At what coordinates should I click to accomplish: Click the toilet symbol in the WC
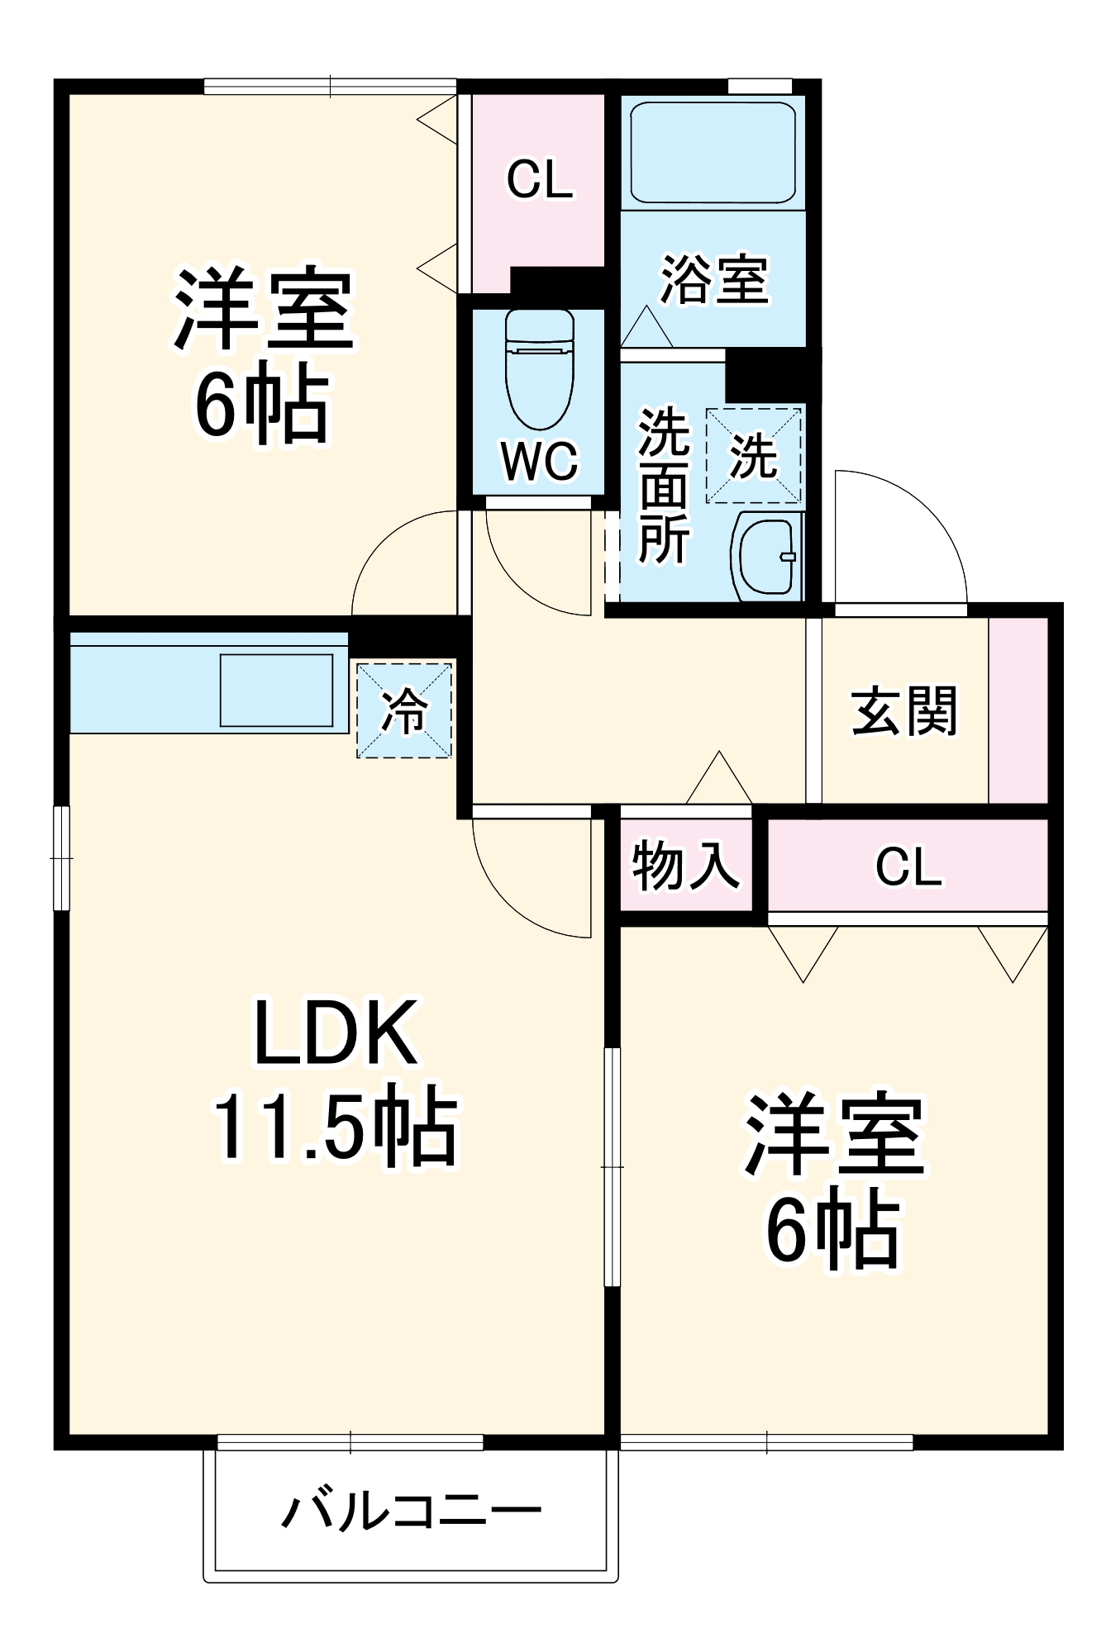tap(539, 368)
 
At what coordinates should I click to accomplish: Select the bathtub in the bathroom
tap(713, 152)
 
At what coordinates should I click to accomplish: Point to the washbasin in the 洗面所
tap(767, 555)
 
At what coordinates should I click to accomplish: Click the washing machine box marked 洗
tap(753, 455)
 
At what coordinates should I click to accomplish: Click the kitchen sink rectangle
tap(276, 690)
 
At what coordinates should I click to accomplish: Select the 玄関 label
tap(904, 710)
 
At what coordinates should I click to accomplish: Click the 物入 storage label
tap(685, 866)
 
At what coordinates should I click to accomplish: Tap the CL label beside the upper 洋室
tap(539, 179)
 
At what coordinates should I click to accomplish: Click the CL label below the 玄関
tap(908, 867)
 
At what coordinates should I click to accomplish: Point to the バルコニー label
tap(411, 1511)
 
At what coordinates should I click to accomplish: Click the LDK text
tap(335, 1033)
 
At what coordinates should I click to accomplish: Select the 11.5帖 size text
tap(335, 1128)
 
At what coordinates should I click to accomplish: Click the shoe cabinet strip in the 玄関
tap(1018, 710)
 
